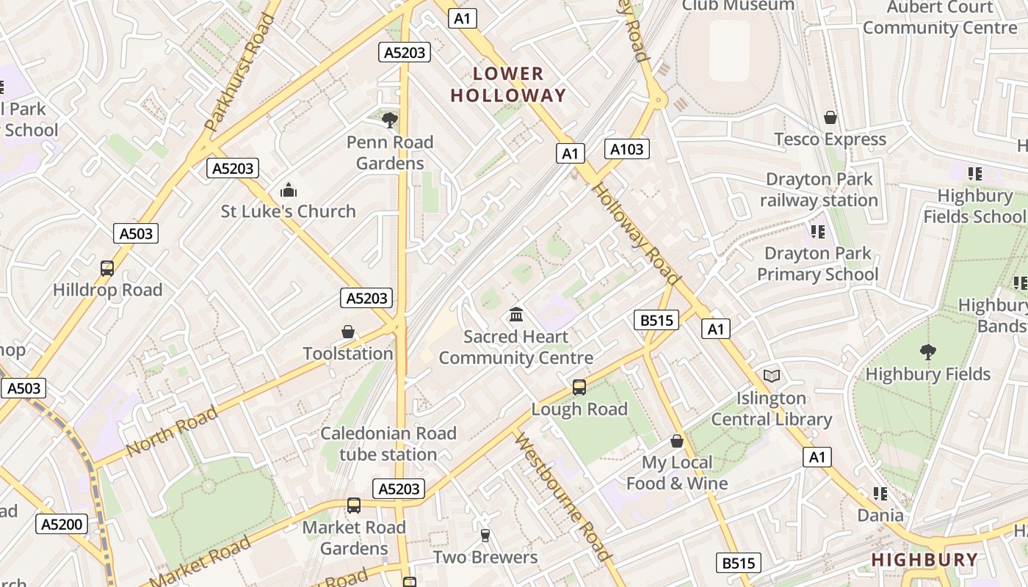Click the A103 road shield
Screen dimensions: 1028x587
point(627,150)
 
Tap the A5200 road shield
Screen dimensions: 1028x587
point(62,524)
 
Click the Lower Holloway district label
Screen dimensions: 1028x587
point(508,84)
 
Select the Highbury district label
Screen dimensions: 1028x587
point(924,560)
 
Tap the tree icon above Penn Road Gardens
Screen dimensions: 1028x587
point(390,120)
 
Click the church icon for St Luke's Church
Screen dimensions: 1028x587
point(289,191)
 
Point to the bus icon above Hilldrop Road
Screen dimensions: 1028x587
point(107,269)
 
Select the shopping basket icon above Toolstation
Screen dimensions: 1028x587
point(348,332)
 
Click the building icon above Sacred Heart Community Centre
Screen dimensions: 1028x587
point(516,315)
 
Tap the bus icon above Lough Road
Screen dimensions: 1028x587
point(579,387)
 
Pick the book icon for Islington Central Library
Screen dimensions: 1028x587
point(771,376)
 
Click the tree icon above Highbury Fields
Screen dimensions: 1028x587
point(928,352)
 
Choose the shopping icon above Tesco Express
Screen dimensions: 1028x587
point(830,117)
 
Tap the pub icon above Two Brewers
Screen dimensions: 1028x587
point(485,536)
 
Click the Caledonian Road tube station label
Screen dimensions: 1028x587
point(388,444)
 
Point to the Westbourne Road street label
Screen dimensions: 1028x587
point(562,497)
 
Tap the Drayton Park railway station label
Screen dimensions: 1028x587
point(819,189)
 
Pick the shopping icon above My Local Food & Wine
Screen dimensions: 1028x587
point(677,441)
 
